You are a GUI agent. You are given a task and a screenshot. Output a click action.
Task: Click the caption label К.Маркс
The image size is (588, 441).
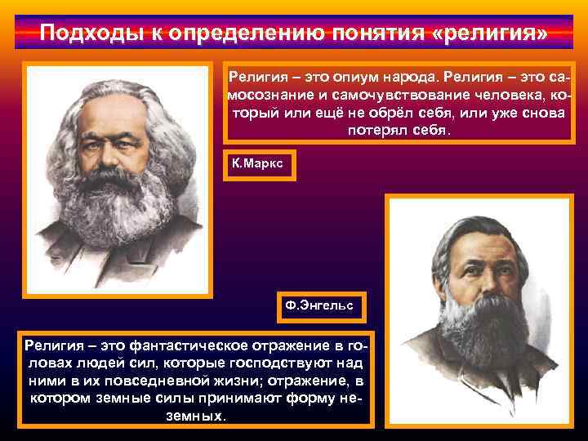click(x=257, y=163)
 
